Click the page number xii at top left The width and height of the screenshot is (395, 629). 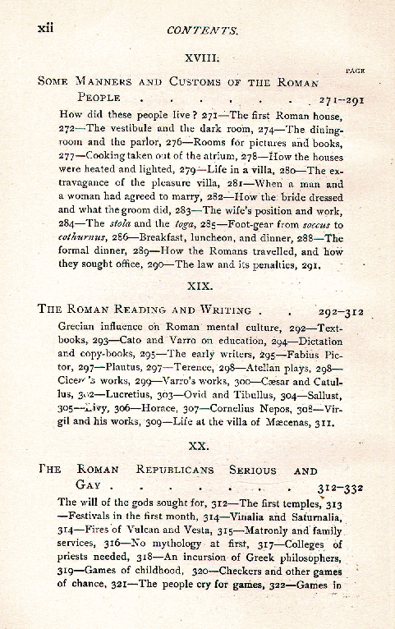(46, 27)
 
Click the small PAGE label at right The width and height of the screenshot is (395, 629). (356, 71)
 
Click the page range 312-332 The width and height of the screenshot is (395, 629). (343, 487)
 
